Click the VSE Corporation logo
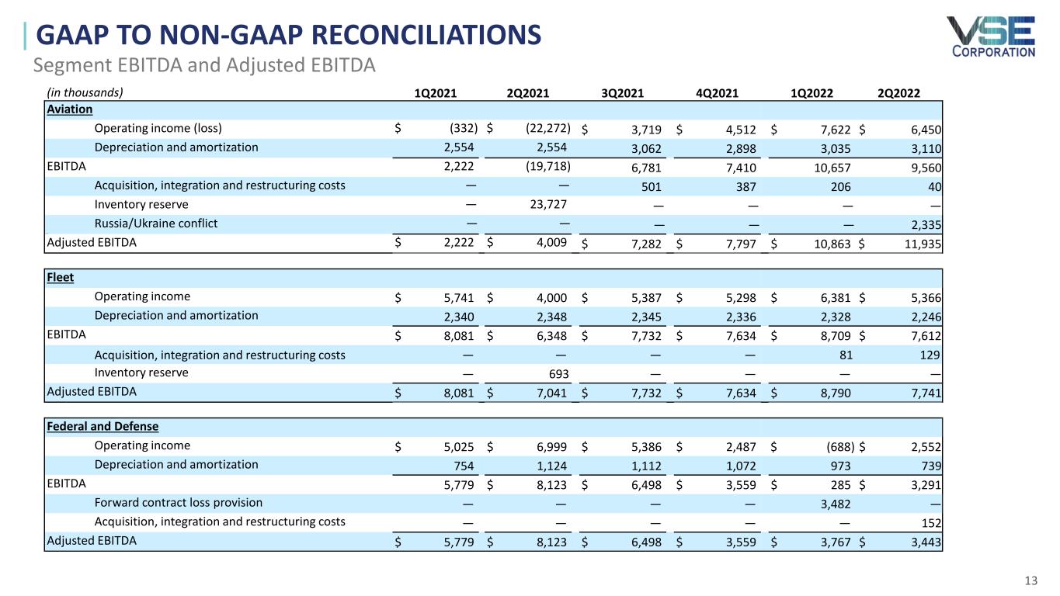[990, 36]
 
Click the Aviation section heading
[70, 109]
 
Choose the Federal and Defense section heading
[103, 426]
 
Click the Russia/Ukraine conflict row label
[155, 223]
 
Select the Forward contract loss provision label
[178, 503]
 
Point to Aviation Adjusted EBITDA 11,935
[924, 244]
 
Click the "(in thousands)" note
[83, 92]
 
